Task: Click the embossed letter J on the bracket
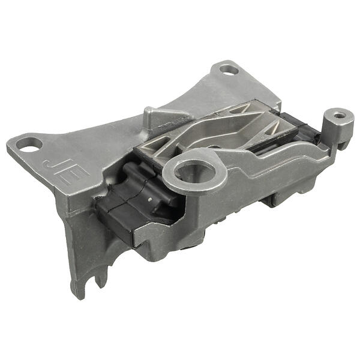point(51,166)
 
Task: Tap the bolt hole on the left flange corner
point(29,145)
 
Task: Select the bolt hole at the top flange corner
point(229,70)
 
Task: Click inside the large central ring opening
point(194,171)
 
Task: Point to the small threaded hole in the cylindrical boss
point(338,115)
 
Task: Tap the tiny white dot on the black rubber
point(149,200)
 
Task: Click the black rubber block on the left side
point(138,202)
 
